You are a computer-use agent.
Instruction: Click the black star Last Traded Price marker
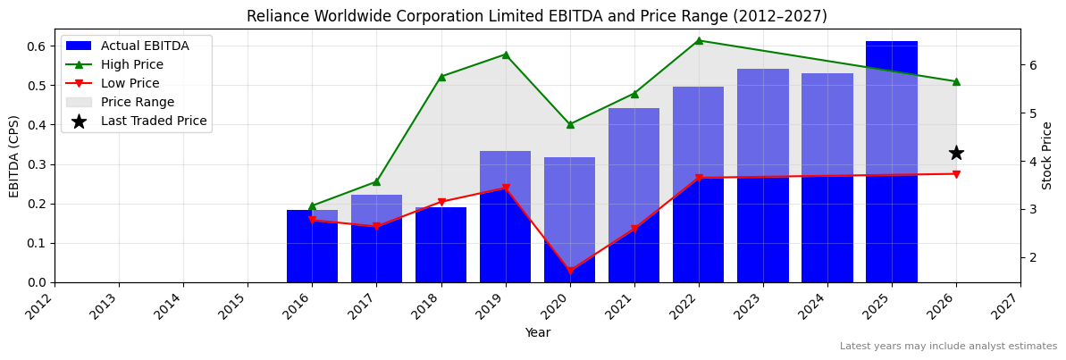pos(956,153)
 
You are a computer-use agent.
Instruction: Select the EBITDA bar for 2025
pos(891,162)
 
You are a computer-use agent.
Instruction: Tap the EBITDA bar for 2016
pos(312,247)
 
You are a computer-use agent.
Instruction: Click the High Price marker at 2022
pos(699,40)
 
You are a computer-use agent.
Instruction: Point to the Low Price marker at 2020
pos(570,271)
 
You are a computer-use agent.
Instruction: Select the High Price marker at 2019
pos(506,54)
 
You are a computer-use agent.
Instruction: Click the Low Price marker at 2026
pos(956,174)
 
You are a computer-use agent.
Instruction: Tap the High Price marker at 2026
pos(956,81)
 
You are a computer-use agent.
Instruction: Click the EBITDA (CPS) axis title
pos(14,155)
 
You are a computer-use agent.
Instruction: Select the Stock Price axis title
pos(1047,155)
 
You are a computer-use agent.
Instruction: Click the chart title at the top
pos(537,16)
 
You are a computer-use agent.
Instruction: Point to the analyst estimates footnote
pos(948,347)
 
